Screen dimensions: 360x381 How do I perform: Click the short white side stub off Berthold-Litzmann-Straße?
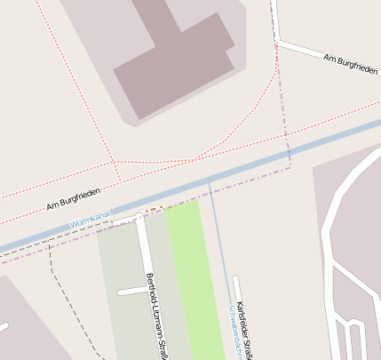pyautogui.click(x=130, y=292)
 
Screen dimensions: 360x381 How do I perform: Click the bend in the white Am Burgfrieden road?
pyautogui.click(x=277, y=40)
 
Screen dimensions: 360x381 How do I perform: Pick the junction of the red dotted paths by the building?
pyautogui.click(x=115, y=161)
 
